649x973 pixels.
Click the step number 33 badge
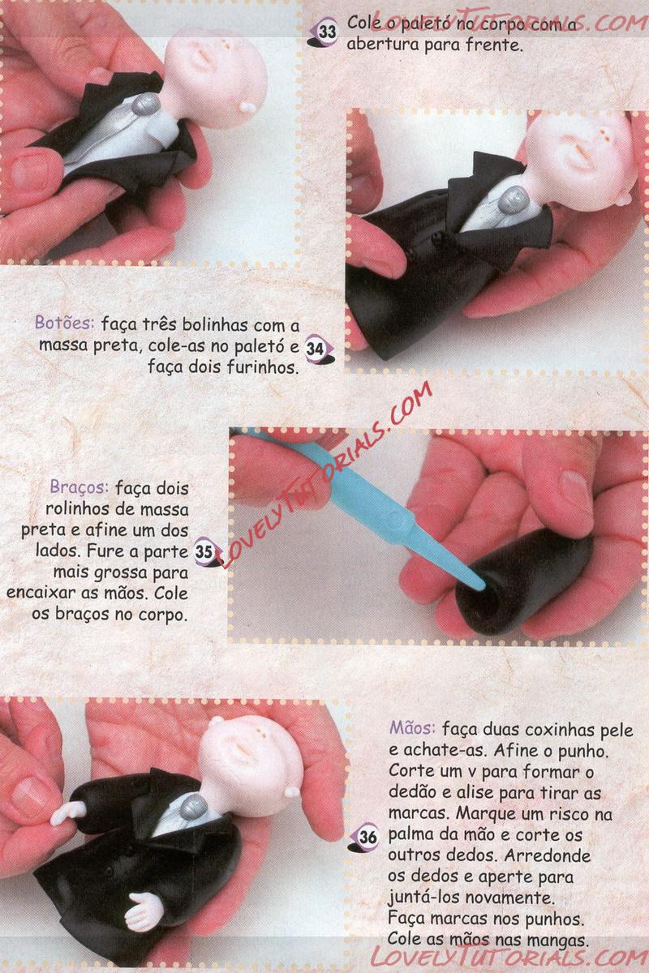326,32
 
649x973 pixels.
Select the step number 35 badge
204,551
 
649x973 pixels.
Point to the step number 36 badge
367,837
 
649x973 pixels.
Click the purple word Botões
64,323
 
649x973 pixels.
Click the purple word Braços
80,487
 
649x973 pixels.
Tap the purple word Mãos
412,727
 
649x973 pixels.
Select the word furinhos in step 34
262,366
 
